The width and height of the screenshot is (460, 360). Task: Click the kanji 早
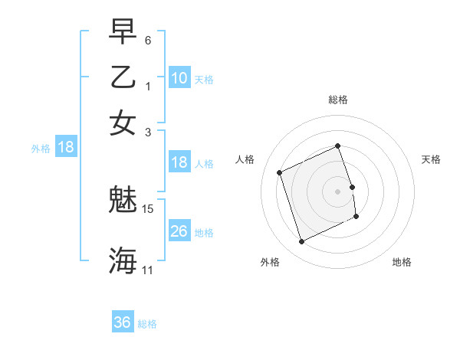[123, 33]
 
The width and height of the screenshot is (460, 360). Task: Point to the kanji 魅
[123, 201]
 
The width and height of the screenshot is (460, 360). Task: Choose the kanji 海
[123, 260]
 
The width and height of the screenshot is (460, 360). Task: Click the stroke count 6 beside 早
[148, 40]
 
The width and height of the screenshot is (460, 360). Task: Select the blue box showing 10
[179, 77]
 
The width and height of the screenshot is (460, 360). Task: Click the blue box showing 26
[179, 231]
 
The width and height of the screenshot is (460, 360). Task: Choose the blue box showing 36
[123, 322]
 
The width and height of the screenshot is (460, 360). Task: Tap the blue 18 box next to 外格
[66, 147]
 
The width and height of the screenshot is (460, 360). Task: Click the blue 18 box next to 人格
[179, 162]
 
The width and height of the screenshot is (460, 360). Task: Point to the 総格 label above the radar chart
[337, 100]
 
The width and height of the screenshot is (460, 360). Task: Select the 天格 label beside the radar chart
[431, 159]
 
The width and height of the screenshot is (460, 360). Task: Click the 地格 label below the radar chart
[402, 262]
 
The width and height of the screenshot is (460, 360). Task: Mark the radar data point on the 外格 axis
[301, 242]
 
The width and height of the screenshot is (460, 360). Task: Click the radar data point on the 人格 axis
[280, 172]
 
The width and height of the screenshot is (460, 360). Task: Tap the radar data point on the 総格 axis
[337, 146]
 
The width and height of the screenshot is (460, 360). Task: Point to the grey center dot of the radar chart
[337, 191]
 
